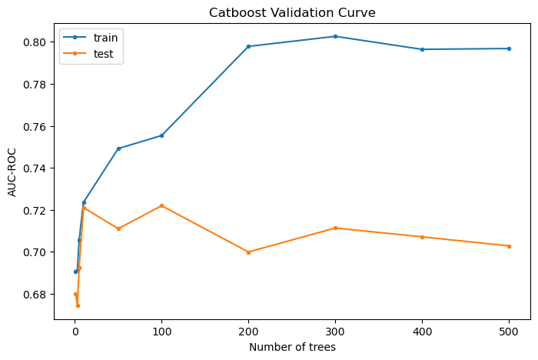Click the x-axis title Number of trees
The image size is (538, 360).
click(292, 347)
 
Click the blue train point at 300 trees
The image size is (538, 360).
click(335, 36)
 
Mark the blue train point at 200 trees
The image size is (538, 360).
click(248, 46)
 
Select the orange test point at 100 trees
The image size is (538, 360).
click(161, 205)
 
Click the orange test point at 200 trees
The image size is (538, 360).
click(248, 252)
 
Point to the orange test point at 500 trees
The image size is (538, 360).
click(509, 246)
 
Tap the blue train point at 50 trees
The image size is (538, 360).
click(118, 148)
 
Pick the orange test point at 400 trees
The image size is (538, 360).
click(422, 237)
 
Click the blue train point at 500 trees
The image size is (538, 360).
click(509, 48)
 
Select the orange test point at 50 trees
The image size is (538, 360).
click(118, 228)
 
